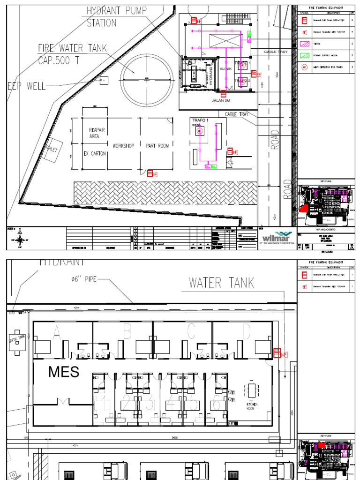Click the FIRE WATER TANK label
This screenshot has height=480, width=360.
click(x=72, y=48)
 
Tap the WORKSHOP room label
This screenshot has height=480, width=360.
click(x=123, y=146)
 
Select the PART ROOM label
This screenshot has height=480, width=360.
click(x=157, y=146)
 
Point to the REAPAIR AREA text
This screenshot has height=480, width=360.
click(x=94, y=133)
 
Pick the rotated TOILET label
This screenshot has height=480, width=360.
click(x=50, y=150)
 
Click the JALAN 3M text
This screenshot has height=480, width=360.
click(x=220, y=100)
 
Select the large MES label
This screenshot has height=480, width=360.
click(x=64, y=372)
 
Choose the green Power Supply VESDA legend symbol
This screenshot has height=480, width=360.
click(x=305, y=56)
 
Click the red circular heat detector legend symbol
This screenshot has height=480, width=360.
click(x=305, y=67)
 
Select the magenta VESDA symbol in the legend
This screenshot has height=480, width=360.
click(x=305, y=44)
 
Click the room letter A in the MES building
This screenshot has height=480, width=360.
click(x=57, y=332)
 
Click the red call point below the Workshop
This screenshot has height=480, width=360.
click(x=151, y=173)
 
